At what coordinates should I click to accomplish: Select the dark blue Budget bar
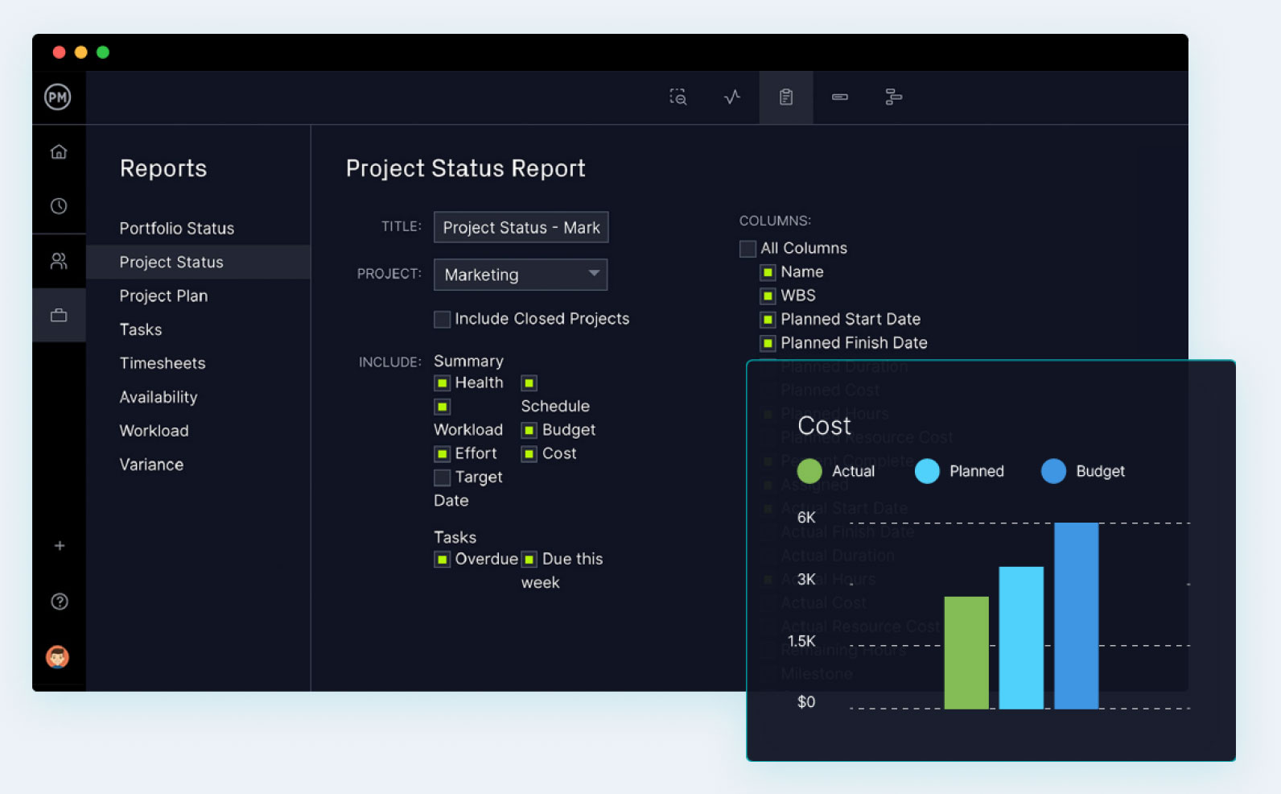[x=1076, y=616]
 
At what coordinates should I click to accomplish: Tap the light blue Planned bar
[x=1021, y=638]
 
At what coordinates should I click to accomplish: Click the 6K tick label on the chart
[x=806, y=518]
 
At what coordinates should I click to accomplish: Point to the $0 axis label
[x=806, y=702]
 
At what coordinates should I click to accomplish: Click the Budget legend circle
[x=1053, y=471]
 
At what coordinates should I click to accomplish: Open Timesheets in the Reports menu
[x=163, y=363]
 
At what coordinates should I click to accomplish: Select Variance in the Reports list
[x=151, y=465]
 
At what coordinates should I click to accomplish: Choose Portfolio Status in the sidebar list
[x=177, y=229]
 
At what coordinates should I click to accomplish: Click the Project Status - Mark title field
[x=521, y=228]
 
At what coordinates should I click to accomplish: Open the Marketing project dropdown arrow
[x=594, y=274]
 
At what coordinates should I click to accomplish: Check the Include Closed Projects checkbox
[x=442, y=320]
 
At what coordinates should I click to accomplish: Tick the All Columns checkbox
[x=748, y=249]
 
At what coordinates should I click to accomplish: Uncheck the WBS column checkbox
[x=768, y=296]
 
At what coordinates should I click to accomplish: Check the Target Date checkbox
[x=442, y=478]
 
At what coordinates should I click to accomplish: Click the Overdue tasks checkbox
[x=442, y=560]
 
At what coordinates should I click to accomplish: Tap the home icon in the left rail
[x=59, y=152]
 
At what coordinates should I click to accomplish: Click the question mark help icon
[x=60, y=602]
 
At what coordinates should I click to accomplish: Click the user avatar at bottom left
[x=57, y=657]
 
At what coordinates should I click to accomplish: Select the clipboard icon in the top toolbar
[x=786, y=97]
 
